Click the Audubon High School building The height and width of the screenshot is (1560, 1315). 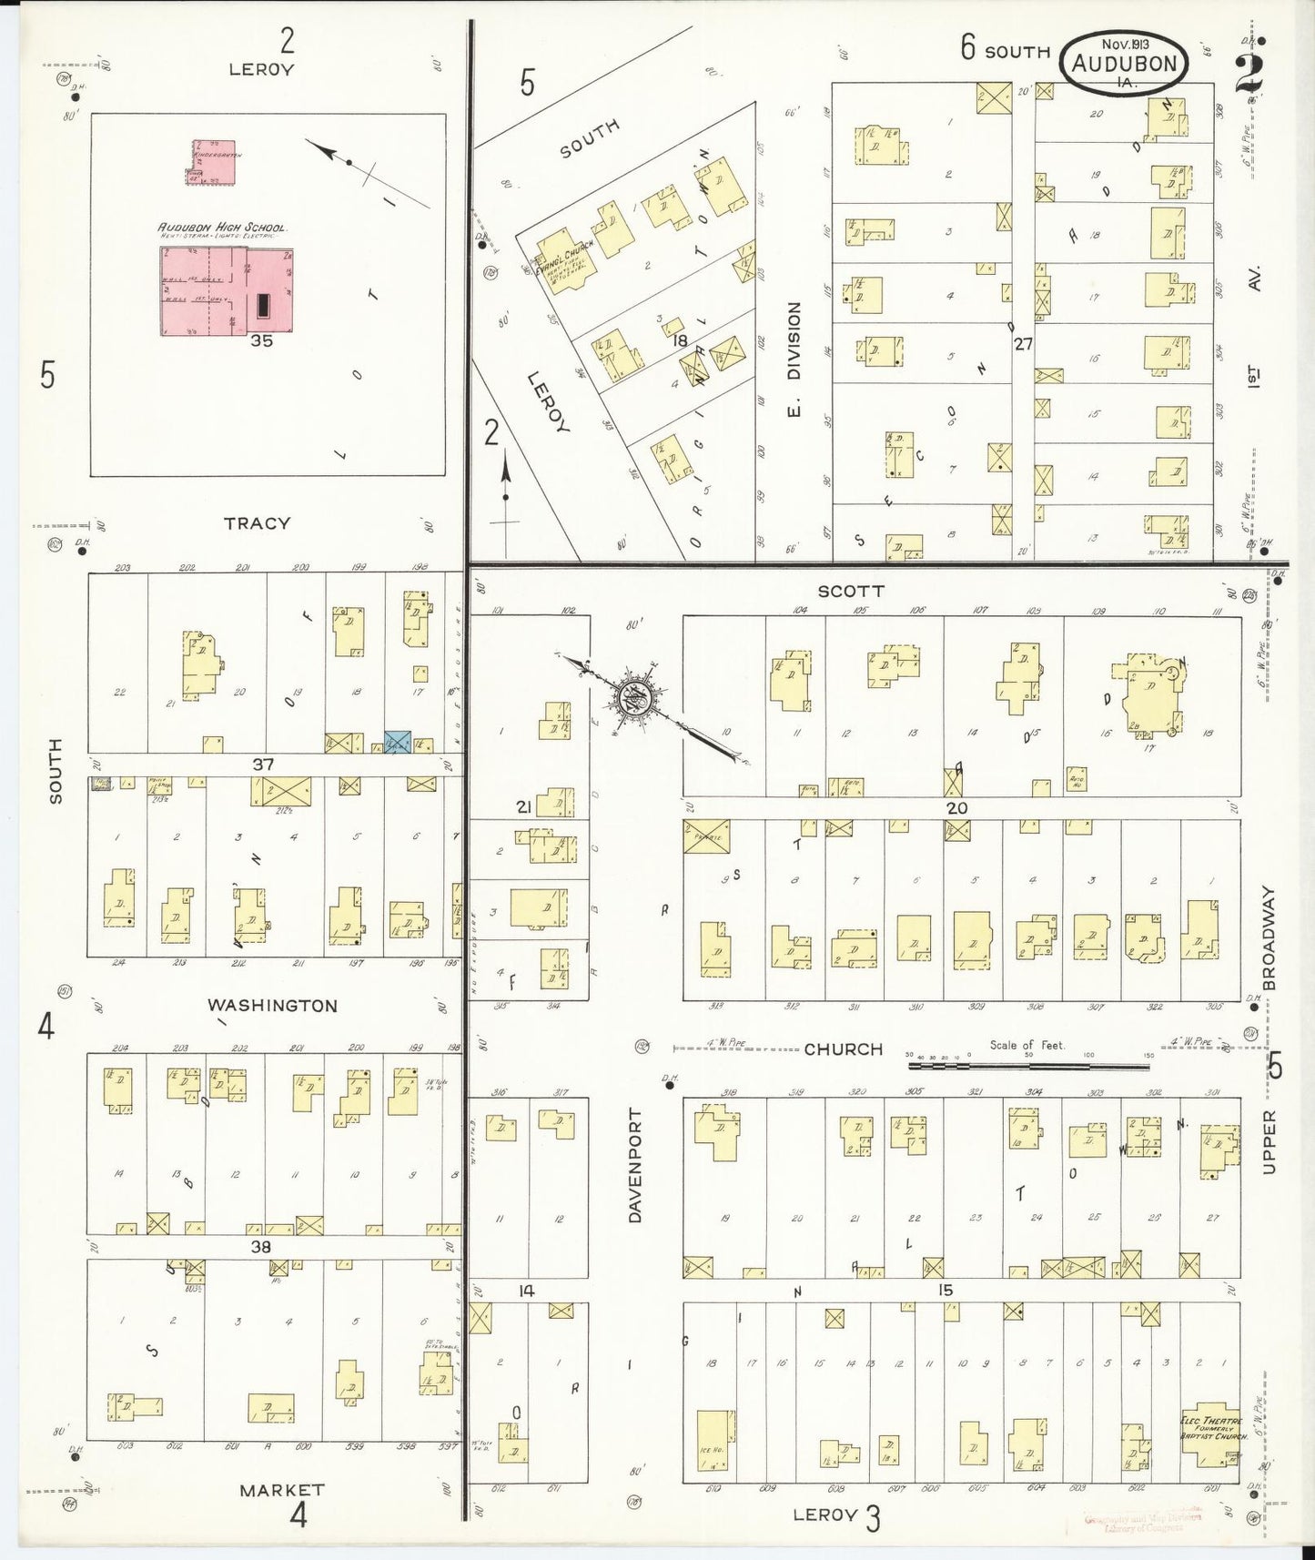click(x=227, y=290)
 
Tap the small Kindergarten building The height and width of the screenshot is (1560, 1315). click(x=213, y=162)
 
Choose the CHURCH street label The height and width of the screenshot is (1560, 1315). click(x=843, y=1048)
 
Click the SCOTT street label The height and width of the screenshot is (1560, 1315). click(x=850, y=591)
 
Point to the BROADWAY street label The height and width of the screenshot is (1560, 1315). click(x=1269, y=937)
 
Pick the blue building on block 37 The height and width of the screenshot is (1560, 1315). click(x=397, y=741)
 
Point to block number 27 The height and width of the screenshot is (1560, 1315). click(x=1024, y=344)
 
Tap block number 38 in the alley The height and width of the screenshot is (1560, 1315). click(x=260, y=1247)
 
